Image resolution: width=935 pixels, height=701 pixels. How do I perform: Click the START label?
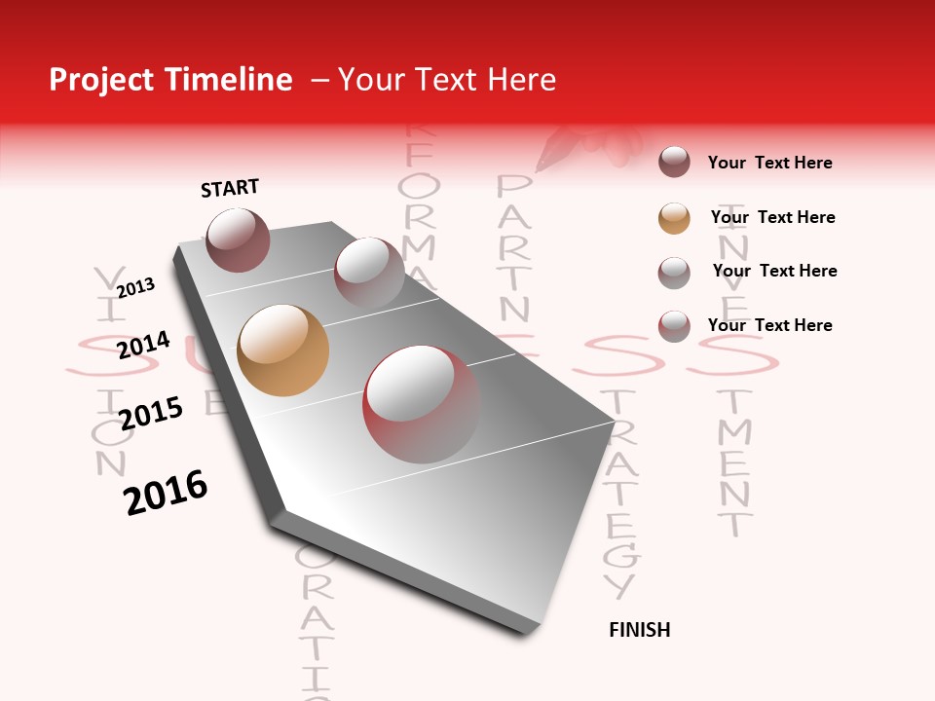(230, 188)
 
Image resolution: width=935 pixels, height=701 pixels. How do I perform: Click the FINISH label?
(640, 630)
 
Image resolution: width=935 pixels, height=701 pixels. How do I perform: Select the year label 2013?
(136, 288)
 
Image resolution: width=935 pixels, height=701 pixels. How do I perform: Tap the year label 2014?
(144, 345)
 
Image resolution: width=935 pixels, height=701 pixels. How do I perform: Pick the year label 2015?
(151, 413)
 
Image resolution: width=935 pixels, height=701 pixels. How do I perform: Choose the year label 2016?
(166, 493)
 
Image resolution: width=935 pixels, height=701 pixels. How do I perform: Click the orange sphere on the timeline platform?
(282, 350)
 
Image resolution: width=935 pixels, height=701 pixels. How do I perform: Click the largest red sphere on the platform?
(421, 404)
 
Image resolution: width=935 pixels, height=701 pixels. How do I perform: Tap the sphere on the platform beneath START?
(238, 240)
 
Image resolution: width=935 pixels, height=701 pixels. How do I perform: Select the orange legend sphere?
(674, 218)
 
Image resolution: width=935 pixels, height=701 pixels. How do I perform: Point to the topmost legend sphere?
(674, 163)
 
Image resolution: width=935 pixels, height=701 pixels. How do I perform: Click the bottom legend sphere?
(674, 326)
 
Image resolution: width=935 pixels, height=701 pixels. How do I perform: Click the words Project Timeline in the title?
(170, 80)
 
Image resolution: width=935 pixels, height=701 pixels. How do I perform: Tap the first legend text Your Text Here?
(769, 163)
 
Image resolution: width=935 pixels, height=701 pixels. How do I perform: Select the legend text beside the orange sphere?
(772, 217)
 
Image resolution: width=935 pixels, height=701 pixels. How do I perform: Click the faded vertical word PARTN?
(514, 249)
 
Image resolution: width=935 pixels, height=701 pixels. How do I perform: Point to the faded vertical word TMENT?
(735, 462)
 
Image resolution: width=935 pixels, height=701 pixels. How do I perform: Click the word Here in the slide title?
(521, 80)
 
